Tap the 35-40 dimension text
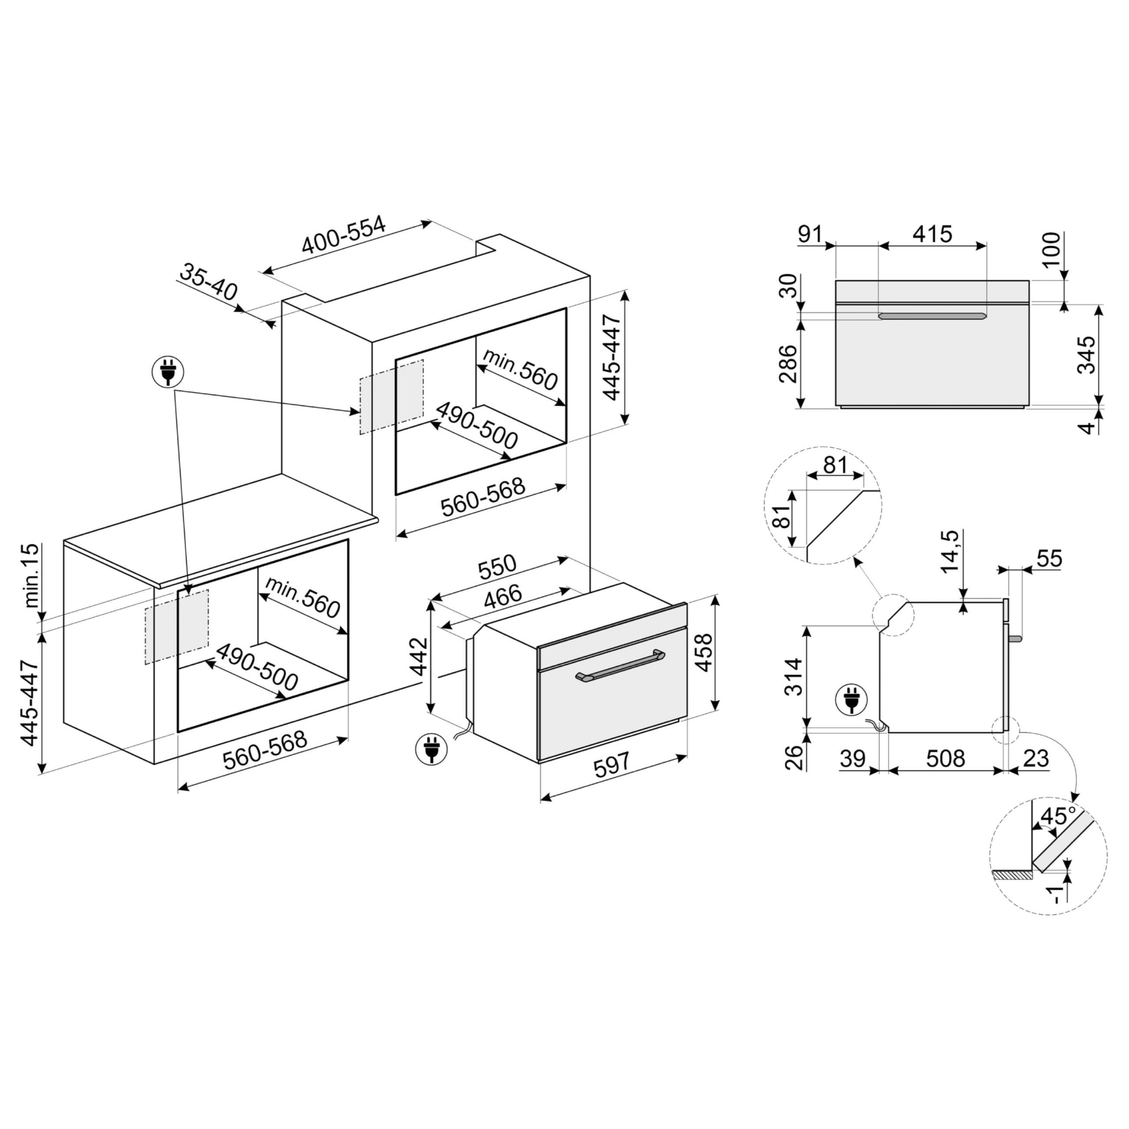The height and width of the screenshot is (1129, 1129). (208, 282)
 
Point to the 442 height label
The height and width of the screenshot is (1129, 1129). (419, 656)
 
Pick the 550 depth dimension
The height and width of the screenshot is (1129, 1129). (497, 566)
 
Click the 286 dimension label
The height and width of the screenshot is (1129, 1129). (788, 363)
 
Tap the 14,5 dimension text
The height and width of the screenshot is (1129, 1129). (950, 552)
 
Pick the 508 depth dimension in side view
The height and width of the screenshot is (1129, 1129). (946, 759)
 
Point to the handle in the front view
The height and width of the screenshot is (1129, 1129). (932, 316)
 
